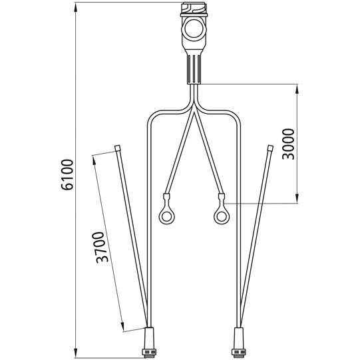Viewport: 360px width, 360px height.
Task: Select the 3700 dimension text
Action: (x=100, y=248)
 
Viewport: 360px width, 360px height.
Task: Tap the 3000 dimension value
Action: (x=287, y=144)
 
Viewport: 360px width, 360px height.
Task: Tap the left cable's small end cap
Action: (x=118, y=148)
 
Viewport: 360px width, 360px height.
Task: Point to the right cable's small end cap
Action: (x=270, y=148)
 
